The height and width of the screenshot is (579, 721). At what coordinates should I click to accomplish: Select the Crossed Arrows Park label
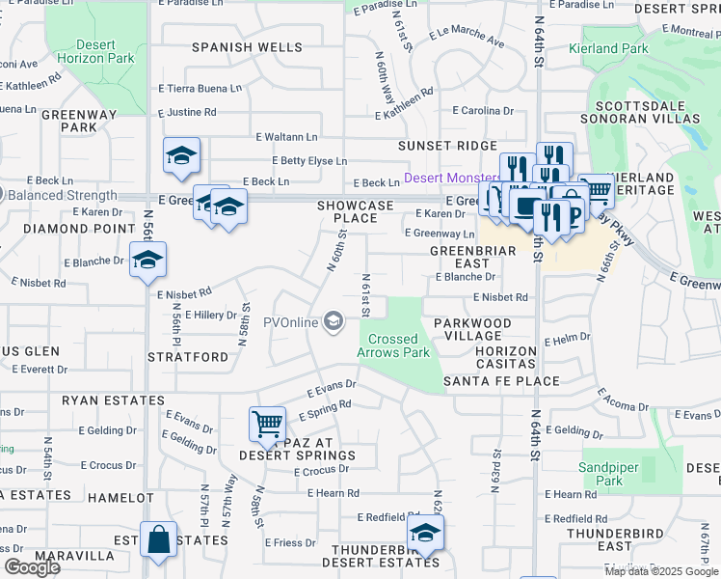pyautogui.click(x=393, y=345)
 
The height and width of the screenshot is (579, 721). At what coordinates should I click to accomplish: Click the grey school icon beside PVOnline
pyautogui.click(x=334, y=321)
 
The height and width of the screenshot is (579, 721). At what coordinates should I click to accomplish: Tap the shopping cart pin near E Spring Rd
pyautogui.click(x=267, y=423)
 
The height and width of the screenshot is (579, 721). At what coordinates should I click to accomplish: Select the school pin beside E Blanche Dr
pyautogui.click(x=147, y=259)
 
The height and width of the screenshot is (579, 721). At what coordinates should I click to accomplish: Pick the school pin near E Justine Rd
pyautogui.click(x=180, y=156)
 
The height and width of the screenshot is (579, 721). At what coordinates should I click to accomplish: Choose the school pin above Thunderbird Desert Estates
pyautogui.click(x=424, y=532)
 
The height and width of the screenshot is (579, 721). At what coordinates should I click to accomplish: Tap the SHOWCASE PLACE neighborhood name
pyautogui.click(x=357, y=212)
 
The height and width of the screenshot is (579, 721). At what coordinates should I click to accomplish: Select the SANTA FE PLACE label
pyautogui.click(x=501, y=381)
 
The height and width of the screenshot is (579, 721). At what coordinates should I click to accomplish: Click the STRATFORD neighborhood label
pyautogui.click(x=188, y=357)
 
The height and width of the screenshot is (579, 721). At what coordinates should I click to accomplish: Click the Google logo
pyautogui.click(x=32, y=567)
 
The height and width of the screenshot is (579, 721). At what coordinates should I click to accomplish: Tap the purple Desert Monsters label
pyautogui.click(x=451, y=179)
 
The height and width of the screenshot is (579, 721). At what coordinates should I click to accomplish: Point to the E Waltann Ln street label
pyautogui.click(x=286, y=137)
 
